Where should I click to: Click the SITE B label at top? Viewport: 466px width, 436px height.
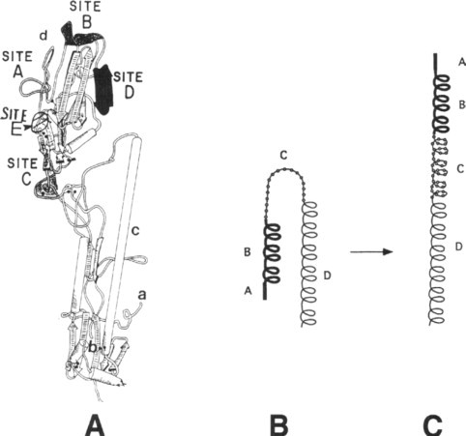tap(85, 15)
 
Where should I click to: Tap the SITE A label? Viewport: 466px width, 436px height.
tap(17, 65)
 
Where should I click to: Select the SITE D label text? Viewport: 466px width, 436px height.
tap(129, 85)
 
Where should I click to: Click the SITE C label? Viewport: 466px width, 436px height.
tap(22, 172)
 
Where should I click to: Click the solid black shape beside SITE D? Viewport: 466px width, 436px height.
tap(103, 90)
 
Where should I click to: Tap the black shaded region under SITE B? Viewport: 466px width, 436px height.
tap(82, 35)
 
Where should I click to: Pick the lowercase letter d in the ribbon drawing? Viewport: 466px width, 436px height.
tap(44, 36)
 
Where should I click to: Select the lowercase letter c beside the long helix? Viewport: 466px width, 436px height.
tap(135, 231)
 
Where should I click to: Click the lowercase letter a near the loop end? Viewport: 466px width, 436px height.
tap(142, 295)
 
